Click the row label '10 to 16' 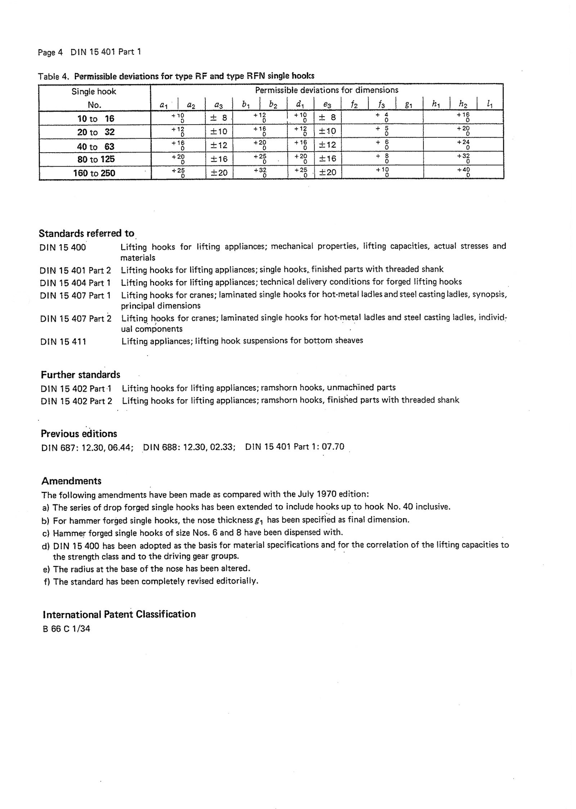95,118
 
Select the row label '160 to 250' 94,173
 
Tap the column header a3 219,105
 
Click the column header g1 408,105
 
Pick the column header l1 490,105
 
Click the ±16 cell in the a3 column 219,159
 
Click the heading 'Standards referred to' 86,234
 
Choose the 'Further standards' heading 81,375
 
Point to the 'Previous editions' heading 79,434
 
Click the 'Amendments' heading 71,481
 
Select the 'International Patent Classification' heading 119,614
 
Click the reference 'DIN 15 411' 63,342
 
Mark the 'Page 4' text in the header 50,53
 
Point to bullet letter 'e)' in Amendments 46,569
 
